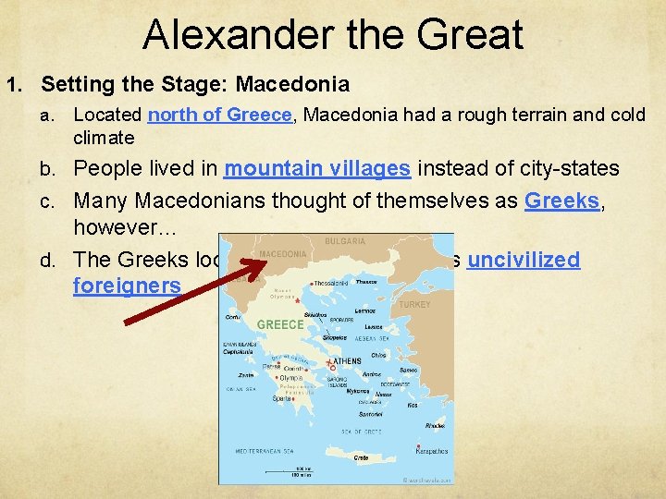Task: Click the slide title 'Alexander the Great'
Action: point(333,34)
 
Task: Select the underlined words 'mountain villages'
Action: point(317,169)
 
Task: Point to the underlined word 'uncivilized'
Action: point(524,260)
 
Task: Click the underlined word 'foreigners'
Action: point(127,286)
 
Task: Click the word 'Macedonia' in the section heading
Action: point(292,85)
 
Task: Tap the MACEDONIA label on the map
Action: point(283,253)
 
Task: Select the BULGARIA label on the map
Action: point(344,241)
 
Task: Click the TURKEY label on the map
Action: point(414,304)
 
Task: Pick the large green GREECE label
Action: point(280,324)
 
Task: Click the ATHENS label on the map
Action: point(346,361)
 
